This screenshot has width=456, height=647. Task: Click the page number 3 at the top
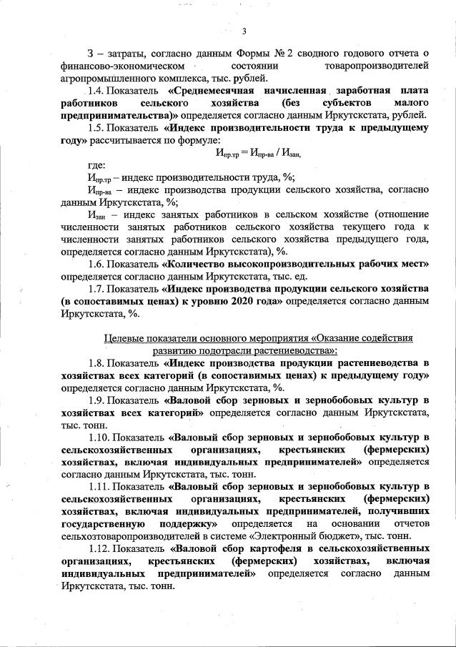(x=244, y=30)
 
